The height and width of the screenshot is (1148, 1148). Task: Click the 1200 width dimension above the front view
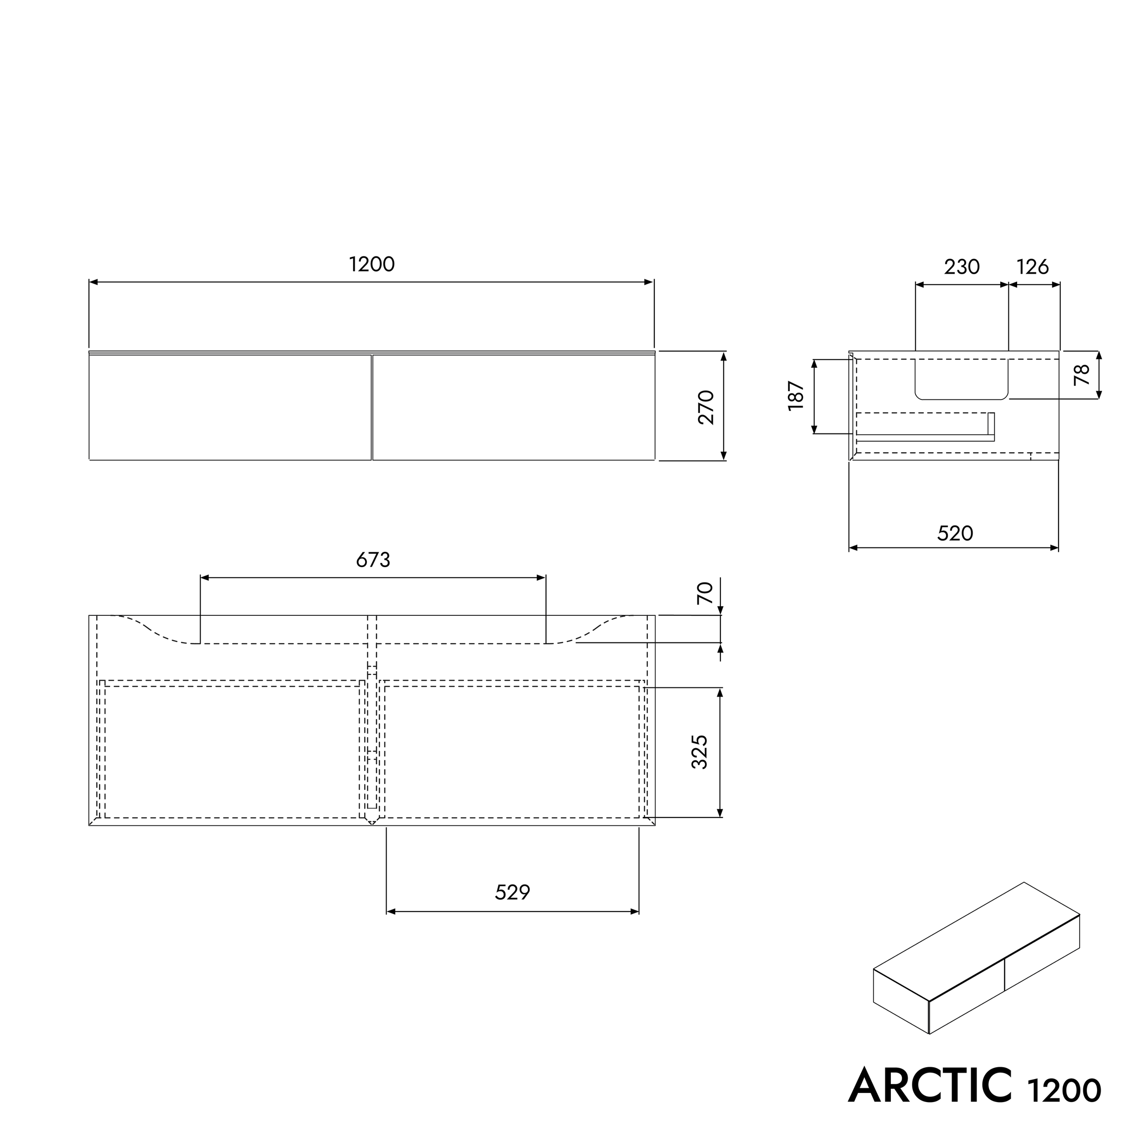[372, 264]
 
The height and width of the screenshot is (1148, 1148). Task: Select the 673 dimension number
[373, 560]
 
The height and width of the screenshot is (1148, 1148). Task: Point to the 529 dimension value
[512, 892]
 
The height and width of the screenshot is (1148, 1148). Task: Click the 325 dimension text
[700, 752]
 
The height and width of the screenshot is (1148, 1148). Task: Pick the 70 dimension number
[705, 593]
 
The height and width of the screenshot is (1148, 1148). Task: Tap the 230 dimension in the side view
[962, 267]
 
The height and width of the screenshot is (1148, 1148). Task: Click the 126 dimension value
[1033, 267]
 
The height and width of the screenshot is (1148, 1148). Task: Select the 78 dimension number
[1083, 374]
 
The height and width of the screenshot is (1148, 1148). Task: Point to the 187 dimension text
[796, 396]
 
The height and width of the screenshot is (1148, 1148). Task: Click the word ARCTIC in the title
[930, 1086]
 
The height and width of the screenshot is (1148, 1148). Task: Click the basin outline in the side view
[962, 380]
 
